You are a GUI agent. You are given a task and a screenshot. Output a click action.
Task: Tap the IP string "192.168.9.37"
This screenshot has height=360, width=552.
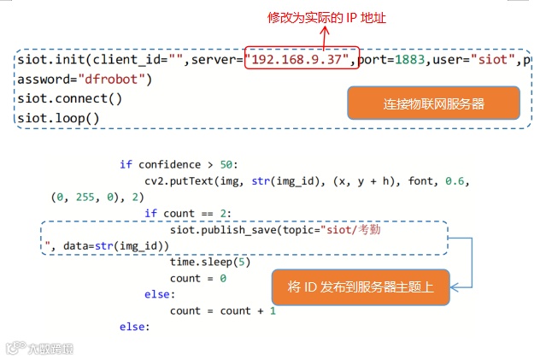(297, 60)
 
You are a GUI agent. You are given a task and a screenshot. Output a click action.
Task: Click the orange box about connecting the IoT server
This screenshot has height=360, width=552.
(433, 104)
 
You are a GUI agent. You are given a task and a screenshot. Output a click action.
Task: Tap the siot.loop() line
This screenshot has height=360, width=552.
(58, 117)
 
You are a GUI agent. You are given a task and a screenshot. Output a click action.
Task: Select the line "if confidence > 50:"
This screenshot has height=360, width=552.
(184, 164)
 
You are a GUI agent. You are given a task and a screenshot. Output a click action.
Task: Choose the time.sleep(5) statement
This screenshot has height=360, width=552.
(210, 263)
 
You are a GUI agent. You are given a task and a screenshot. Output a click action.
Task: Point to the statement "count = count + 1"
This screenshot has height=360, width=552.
(223, 311)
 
